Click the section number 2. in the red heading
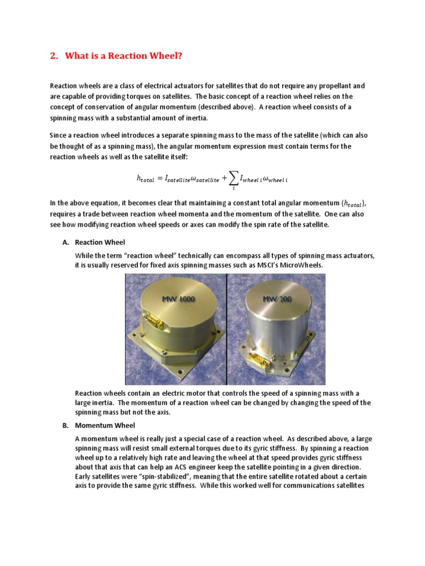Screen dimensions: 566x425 [x=54, y=56]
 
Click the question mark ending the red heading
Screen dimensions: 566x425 [x=179, y=56]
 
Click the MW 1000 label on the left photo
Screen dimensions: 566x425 [x=178, y=299]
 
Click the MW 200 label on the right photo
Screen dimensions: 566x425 [x=279, y=299]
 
